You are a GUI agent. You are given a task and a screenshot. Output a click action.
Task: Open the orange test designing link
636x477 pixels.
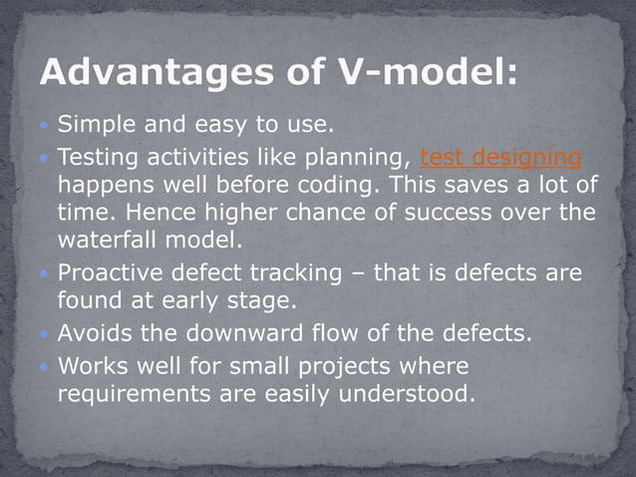pos(500,158)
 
